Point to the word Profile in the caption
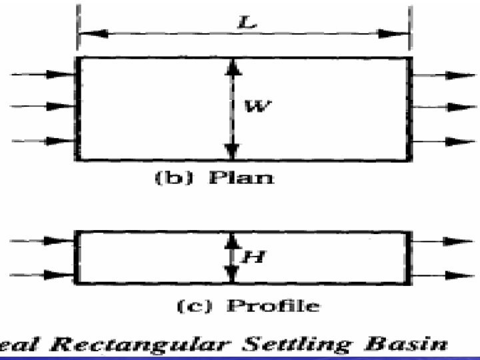(x=273, y=306)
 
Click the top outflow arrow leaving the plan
(x=443, y=75)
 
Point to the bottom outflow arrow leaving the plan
(x=443, y=141)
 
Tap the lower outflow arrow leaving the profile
(x=443, y=275)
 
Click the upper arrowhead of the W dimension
(x=231, y=65)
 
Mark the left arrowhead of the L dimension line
(x=86, y=32)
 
